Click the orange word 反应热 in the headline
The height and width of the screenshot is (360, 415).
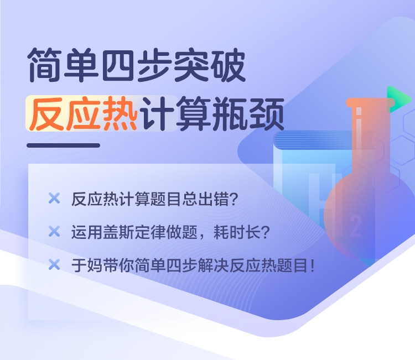83,113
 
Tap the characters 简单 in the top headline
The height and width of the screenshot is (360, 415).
63,65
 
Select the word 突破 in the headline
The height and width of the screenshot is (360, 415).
209,65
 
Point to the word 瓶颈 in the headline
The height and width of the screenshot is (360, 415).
248,114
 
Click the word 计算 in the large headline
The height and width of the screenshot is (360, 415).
175,114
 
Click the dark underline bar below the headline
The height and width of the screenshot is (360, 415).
63,145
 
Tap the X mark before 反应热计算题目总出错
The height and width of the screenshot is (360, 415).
54,198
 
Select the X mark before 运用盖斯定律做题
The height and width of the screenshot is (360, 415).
54,231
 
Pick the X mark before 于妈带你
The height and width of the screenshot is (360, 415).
54,264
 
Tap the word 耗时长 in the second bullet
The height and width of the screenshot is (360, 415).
237,232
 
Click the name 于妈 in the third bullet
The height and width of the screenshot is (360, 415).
87,265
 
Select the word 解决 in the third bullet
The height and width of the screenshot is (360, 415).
214,265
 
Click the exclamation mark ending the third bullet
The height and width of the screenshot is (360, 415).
313,265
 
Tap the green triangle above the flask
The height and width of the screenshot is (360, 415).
398,99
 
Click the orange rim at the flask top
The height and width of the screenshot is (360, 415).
370,102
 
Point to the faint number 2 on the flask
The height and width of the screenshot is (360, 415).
355,226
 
